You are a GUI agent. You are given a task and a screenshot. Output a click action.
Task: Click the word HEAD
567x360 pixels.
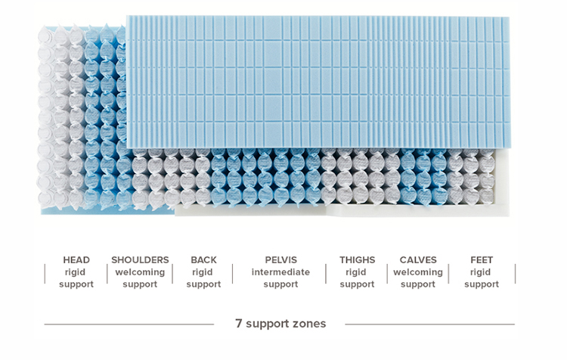[76, 259]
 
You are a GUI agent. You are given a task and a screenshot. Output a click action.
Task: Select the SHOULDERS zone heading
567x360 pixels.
[140, 259]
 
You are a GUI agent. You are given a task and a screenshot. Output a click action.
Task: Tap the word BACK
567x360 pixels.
[203, 259]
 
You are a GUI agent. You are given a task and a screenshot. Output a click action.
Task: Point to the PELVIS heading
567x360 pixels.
[280, 259]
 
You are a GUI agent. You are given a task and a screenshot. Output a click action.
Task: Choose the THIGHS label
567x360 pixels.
[358, 259]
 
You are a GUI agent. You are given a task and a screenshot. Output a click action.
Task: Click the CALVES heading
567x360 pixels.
[418, 259]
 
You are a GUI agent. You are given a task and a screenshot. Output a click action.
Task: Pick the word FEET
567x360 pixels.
[482, 259]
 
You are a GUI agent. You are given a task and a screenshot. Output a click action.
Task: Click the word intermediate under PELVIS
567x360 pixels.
[280, 272]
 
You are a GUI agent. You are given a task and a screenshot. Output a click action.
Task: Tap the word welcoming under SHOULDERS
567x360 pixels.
[140, 272]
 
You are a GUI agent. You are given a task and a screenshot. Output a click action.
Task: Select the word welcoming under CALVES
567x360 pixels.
[418, 272]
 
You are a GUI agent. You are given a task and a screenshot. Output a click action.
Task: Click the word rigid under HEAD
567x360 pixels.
[75, 272]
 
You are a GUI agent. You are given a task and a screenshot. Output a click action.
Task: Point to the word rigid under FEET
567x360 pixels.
[480, 272]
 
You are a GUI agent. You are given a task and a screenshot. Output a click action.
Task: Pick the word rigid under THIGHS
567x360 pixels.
[356, 272]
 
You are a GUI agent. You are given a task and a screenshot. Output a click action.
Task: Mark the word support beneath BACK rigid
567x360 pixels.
[203, 284]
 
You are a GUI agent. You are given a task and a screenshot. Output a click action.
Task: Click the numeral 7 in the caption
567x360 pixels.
[239, 323]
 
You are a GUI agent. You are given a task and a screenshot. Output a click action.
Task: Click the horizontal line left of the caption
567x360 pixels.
[129, 324]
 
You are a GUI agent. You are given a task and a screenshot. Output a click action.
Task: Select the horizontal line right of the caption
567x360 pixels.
[430, 324]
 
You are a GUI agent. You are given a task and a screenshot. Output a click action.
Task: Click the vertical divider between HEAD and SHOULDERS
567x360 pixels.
[107, 274]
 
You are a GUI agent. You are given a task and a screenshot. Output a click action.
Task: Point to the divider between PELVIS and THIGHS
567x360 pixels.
[326, 274]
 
